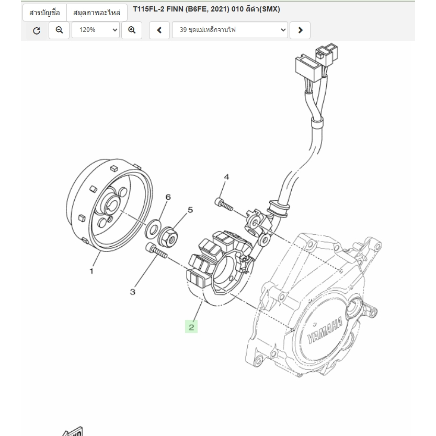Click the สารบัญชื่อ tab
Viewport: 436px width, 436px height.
[44, 12]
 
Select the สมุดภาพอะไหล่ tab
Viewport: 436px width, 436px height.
[97, 12]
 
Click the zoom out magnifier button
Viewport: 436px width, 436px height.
[59, 30]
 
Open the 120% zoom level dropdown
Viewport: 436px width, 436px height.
[96, 30]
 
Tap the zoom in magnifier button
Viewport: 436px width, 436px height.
[132, 30]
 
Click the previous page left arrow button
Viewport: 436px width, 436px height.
[159, 30]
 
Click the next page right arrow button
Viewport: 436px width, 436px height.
[300, 30]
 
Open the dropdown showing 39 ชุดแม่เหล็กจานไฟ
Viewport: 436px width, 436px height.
[230, 30]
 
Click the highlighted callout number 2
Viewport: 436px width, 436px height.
[191, 327]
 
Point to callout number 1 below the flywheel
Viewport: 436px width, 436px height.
[91, 271]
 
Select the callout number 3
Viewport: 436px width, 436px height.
[133, 292]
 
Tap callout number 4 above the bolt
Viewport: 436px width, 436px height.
[226, 177]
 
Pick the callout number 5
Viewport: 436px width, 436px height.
[190, 210]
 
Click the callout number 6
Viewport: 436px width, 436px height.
[168, 197]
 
